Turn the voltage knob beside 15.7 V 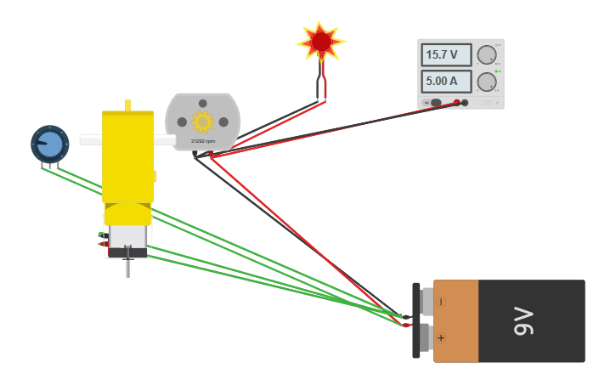(486, 55)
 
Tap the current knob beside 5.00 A (486, 82)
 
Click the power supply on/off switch (435, 103)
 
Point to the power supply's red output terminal (456, 103)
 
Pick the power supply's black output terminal (465, 103)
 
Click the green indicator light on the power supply (496, 71)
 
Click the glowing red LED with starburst (321, 42)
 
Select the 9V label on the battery (524, 321)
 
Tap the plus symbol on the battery (441, 337)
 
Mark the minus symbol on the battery (441, 302)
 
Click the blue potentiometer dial (50, 144)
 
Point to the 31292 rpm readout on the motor (202, 141)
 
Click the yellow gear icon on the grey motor (202, 122)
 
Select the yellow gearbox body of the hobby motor (127, 157)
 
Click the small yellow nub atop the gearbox (127, 105)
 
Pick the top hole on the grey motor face (202, 104)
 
